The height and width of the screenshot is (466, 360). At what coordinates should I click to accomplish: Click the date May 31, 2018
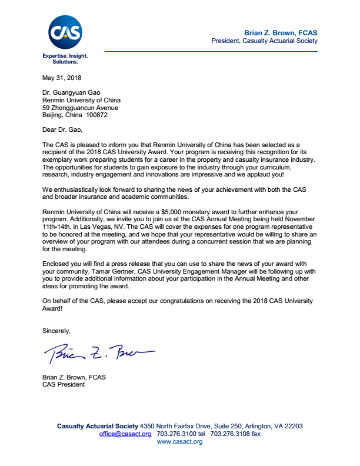click(62, 78)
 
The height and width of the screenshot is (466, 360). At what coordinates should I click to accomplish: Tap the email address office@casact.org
click(125, 434)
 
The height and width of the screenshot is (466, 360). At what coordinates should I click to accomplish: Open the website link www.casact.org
click(180, 441)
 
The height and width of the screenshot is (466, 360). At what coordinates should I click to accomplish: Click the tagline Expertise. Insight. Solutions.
click(65, 58)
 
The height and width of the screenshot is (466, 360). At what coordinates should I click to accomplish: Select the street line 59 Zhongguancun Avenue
click(81, 108)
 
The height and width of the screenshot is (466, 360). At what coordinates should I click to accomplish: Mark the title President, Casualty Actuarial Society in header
click(264, 41)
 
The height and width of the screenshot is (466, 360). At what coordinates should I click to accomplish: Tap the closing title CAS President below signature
click(64, 385)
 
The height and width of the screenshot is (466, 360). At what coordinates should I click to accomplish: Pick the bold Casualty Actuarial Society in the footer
click(97, 426)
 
